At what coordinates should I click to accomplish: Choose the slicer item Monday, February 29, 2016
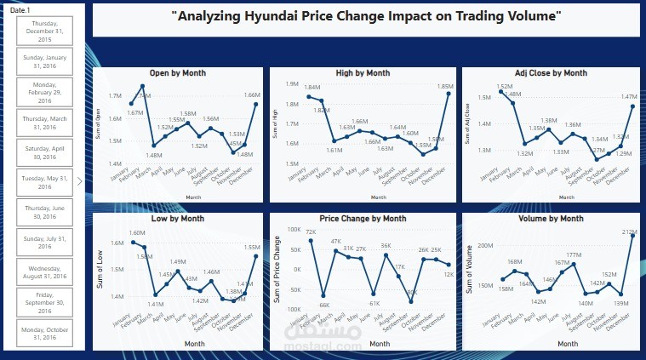point(42,91)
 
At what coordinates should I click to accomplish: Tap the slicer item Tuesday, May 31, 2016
point(42,180)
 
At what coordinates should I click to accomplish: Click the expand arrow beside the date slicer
point(79,180)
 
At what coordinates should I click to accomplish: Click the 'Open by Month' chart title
point(176,73)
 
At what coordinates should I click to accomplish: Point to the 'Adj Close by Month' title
point(551,73)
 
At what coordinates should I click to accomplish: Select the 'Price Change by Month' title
point(363,219)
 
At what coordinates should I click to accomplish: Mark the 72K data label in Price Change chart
point(311,232)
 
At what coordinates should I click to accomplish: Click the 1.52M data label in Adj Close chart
point(504,87)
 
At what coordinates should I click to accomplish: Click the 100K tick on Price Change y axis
point(294,230)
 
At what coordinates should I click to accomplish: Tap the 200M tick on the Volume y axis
point(484,245)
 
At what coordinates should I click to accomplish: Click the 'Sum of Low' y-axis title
point(100,270)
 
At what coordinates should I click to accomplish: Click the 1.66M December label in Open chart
point(252,94)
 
